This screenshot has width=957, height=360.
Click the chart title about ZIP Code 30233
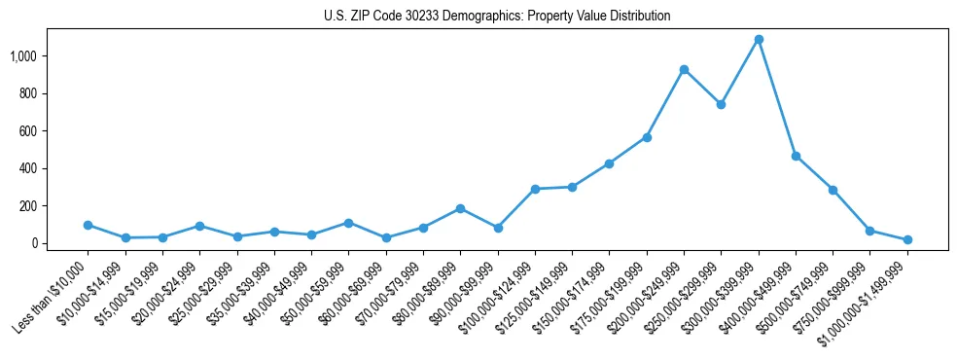click(x=497, y=17)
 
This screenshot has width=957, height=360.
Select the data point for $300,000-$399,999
click(x=759, y=40)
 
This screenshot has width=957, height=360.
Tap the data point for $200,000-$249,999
click(x=684, y=69)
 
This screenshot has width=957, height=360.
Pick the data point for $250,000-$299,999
click(x=721, y=104)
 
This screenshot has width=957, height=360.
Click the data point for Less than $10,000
click(x=88, y=225)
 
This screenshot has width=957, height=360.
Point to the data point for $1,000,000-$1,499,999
click(x=907, y=239)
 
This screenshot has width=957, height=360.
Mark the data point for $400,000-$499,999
click(x=796, y=156)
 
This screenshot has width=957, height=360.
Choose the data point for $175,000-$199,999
click(x=647, y=137)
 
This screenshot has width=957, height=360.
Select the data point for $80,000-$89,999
click(x=460, y=208)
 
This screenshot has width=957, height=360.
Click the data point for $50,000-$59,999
click(x=348, y=223)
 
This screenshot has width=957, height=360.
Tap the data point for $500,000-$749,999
click(x=833, y=190)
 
